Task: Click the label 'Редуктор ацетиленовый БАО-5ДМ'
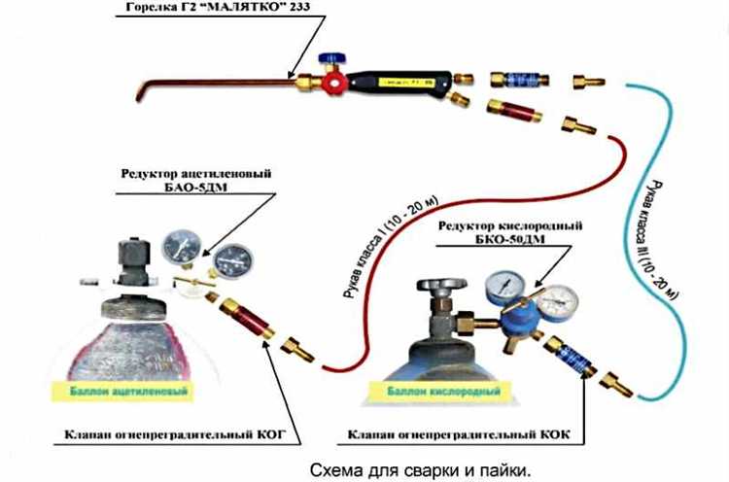(x=195, y=180)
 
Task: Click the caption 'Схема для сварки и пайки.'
(x=421, y=467)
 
